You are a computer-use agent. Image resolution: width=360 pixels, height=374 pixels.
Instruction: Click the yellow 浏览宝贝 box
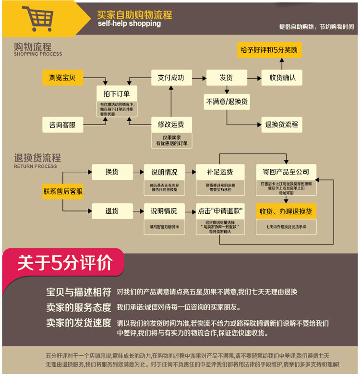point(62,77)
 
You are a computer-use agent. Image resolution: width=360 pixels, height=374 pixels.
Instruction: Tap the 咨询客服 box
point(62,125)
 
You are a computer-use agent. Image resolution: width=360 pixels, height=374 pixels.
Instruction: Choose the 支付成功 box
point(171,77)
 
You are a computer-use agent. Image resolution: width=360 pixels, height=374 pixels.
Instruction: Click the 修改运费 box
point(171,125)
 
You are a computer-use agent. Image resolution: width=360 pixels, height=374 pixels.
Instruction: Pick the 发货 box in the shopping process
point(226,77)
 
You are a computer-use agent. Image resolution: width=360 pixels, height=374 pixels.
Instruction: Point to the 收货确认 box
point(282,77)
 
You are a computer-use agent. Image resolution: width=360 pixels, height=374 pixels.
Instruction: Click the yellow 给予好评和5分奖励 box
point(270,50)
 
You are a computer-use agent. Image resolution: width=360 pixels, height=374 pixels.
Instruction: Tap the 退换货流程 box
point(282,125)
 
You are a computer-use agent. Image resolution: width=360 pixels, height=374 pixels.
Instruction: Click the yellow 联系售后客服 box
point(63,191)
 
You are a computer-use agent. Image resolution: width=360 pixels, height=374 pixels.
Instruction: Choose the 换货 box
point(112,172)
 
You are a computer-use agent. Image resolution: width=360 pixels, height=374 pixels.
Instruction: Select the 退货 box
point(112,210)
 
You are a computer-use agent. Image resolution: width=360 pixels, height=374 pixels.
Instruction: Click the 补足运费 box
point(220,172)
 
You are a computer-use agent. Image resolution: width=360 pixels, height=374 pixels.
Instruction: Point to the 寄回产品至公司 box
point(286,172)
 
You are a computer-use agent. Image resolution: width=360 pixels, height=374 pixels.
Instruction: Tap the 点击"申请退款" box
point(220,210)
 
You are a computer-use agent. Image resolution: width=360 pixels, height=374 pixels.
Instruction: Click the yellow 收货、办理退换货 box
point(286,211)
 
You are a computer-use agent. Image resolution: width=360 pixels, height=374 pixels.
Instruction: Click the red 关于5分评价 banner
point(64,263)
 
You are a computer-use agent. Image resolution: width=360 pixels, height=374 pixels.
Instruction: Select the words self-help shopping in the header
point(129,24)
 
